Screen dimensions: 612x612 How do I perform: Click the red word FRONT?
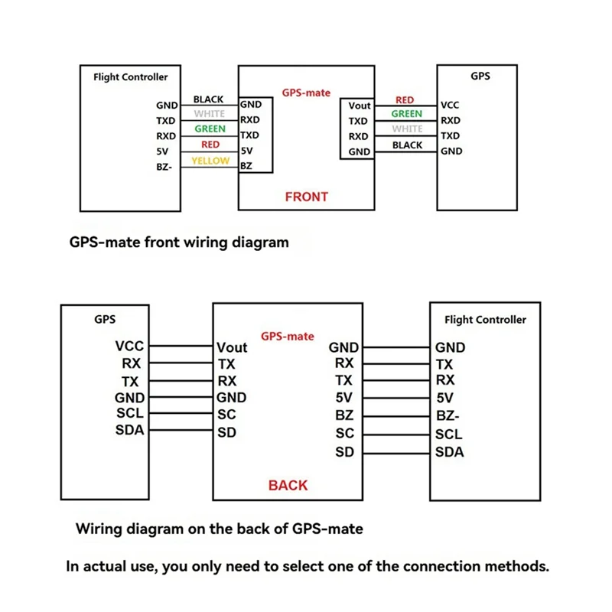tap(306, 197)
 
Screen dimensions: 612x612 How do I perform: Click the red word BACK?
tap(288, 485)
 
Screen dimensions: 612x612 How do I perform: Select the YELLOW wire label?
tap(210, 161)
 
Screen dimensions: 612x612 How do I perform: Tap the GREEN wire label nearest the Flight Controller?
tap(210, 129)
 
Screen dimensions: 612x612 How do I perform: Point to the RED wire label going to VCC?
tap(405, 100)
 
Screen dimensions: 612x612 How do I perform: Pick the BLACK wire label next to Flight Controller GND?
tap(208, 99)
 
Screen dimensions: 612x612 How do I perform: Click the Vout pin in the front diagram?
tap(359, 106)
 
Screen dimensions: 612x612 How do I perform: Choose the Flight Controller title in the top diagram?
tap(130, 76)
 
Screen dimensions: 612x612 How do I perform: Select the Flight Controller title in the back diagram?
tap(485, 320)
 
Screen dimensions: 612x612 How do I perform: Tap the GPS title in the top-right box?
tap(480, 76)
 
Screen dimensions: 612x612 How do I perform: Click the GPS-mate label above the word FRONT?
tap(306, 92)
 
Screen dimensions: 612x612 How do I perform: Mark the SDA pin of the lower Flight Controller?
tap(449, 451)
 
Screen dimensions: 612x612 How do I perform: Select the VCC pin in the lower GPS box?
tap(129, 347)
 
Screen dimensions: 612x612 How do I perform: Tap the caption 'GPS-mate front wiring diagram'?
tap(179, 243)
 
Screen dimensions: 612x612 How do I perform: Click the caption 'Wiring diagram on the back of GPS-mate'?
tap(219, 528)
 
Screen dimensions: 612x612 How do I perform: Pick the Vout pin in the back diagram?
tap(232, 347)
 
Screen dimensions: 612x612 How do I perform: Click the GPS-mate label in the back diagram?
tap(288, 336)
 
